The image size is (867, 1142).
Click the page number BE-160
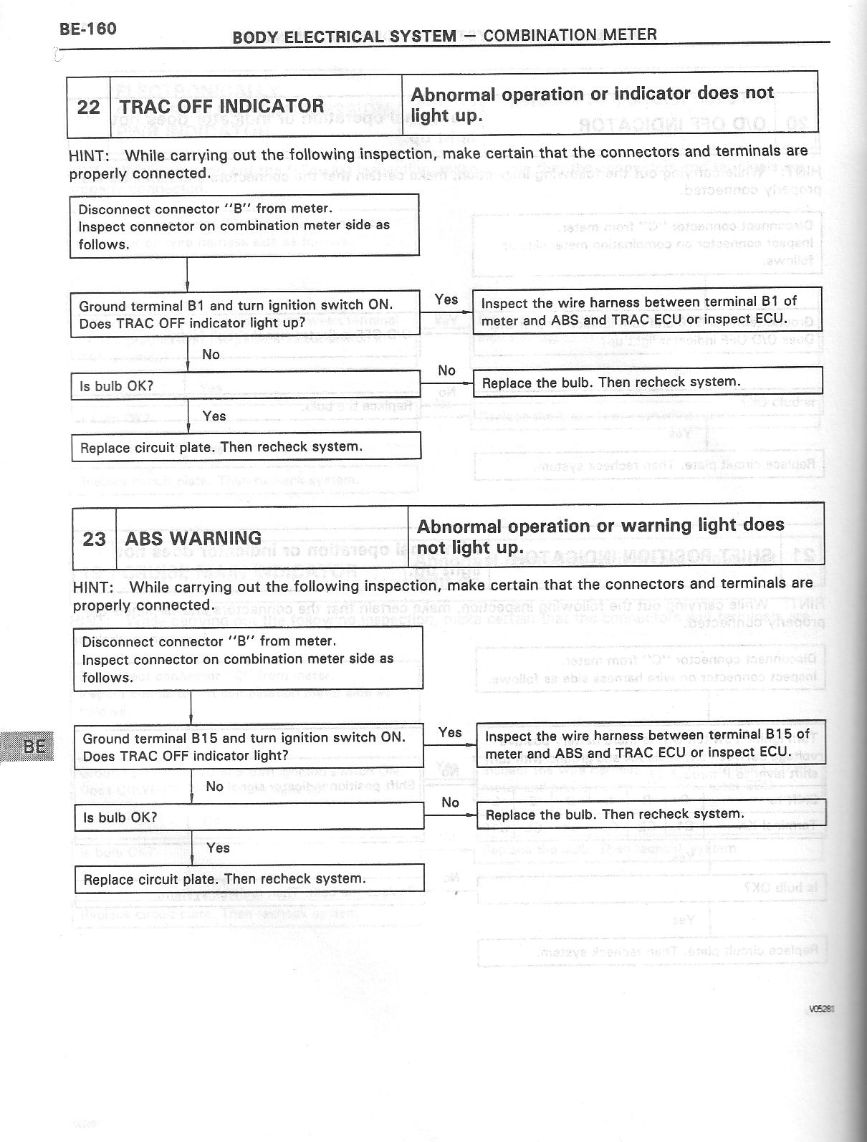pos(88,29)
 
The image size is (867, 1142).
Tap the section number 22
pos(88,107)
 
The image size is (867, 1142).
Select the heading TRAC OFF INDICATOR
pos(221,107)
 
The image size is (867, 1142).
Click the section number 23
pos(94,539)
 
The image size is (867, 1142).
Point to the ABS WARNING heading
pos(193,539)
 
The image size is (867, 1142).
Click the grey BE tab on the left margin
pos(32,747)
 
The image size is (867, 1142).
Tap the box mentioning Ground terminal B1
pos(244,314)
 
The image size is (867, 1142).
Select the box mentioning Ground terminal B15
pos(249,747)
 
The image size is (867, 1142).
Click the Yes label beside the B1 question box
pos(446,299)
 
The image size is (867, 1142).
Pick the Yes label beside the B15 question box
pos(450,731)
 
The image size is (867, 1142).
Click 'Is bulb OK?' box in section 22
pos(244,385)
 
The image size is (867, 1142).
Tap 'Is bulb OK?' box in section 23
pos(249,817)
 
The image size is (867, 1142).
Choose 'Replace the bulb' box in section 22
pos(647,382)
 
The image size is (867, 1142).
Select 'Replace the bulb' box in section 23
pos(651,814)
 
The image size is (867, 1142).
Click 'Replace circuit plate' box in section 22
pos(245,447)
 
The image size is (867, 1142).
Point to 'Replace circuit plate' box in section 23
pos(249,879)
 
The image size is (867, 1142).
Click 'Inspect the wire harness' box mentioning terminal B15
pos(651,744)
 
